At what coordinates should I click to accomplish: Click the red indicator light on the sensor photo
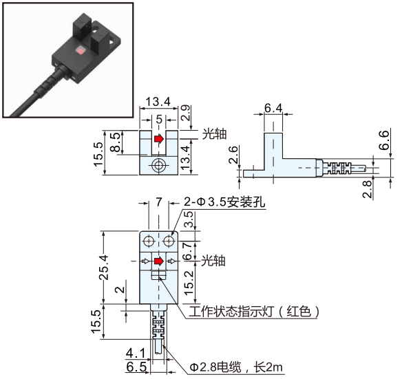point(81,50)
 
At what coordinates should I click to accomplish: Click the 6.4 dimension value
point(273,108)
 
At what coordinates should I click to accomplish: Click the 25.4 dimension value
point(104,268)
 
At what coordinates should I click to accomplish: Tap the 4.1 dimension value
point(136,354)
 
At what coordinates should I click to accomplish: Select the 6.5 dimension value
point(136,367)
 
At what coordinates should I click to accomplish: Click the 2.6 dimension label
point(233,155)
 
